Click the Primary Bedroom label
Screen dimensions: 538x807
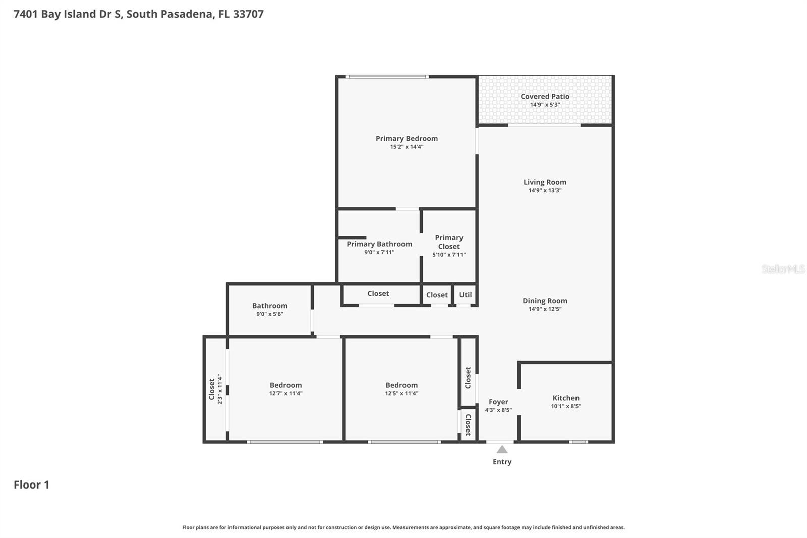click(407, 138)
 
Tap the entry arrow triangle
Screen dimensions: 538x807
click(502, 449)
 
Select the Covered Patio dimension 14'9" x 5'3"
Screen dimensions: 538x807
click(545, 105)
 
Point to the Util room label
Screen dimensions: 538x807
click(465, 295)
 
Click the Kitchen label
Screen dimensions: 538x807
click(565, 398)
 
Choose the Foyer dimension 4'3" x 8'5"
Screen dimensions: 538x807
click(498, 410)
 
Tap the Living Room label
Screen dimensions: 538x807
click(545, 182)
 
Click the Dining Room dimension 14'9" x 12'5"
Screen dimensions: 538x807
click(545, 309)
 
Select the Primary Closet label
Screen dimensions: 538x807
click(449, 242)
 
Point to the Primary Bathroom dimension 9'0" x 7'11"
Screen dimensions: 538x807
click(379, 252)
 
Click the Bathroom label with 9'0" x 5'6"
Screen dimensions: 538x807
click(270, 306)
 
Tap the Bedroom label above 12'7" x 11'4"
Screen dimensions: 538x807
click(285, 385)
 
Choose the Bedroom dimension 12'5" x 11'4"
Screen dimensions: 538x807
click(401, 393)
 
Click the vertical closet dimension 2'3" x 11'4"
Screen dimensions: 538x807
click(220, 389)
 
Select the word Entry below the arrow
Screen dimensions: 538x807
click(502, 462)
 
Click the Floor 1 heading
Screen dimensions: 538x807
click(31, 485)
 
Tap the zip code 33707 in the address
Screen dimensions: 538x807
click(248, 14)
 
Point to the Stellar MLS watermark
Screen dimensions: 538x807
click(783, 269)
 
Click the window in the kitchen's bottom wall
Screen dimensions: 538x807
click(579, 442)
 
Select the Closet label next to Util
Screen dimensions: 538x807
click(437, 295)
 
